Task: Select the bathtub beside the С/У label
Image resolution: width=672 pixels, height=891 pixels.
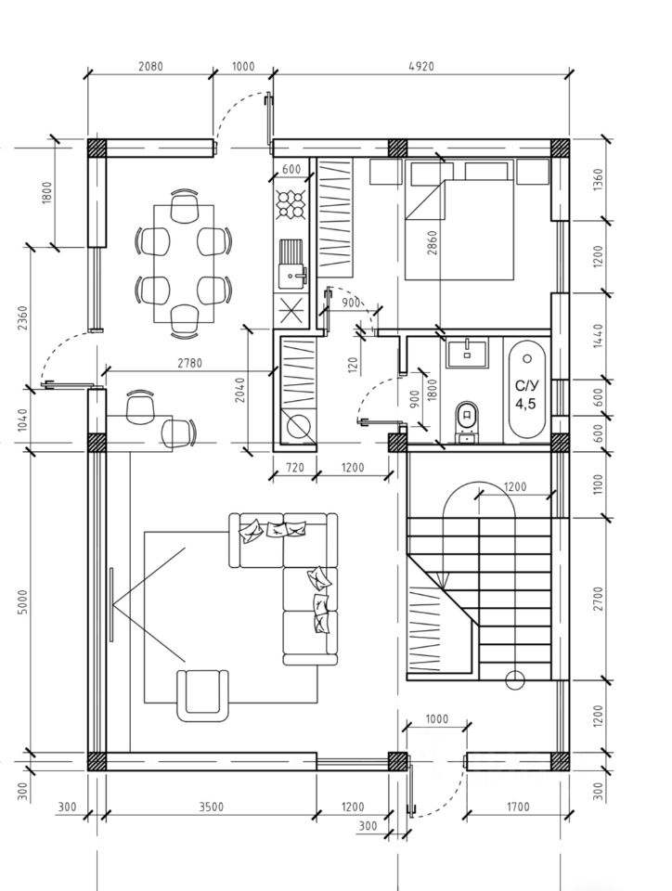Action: click(527, 390)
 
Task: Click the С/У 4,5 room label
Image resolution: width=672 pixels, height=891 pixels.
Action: click(525, 394)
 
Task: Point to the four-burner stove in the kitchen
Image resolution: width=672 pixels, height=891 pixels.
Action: click(292, 203)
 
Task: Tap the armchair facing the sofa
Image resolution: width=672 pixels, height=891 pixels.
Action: click(203, 693)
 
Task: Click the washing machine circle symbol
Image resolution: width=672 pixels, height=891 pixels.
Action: click(299, 426)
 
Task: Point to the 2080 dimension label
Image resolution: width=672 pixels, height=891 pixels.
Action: click(150, 67)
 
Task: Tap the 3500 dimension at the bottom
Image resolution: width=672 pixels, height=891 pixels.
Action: click(211, 807)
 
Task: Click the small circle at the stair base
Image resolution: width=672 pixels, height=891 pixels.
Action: click(513, 680)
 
